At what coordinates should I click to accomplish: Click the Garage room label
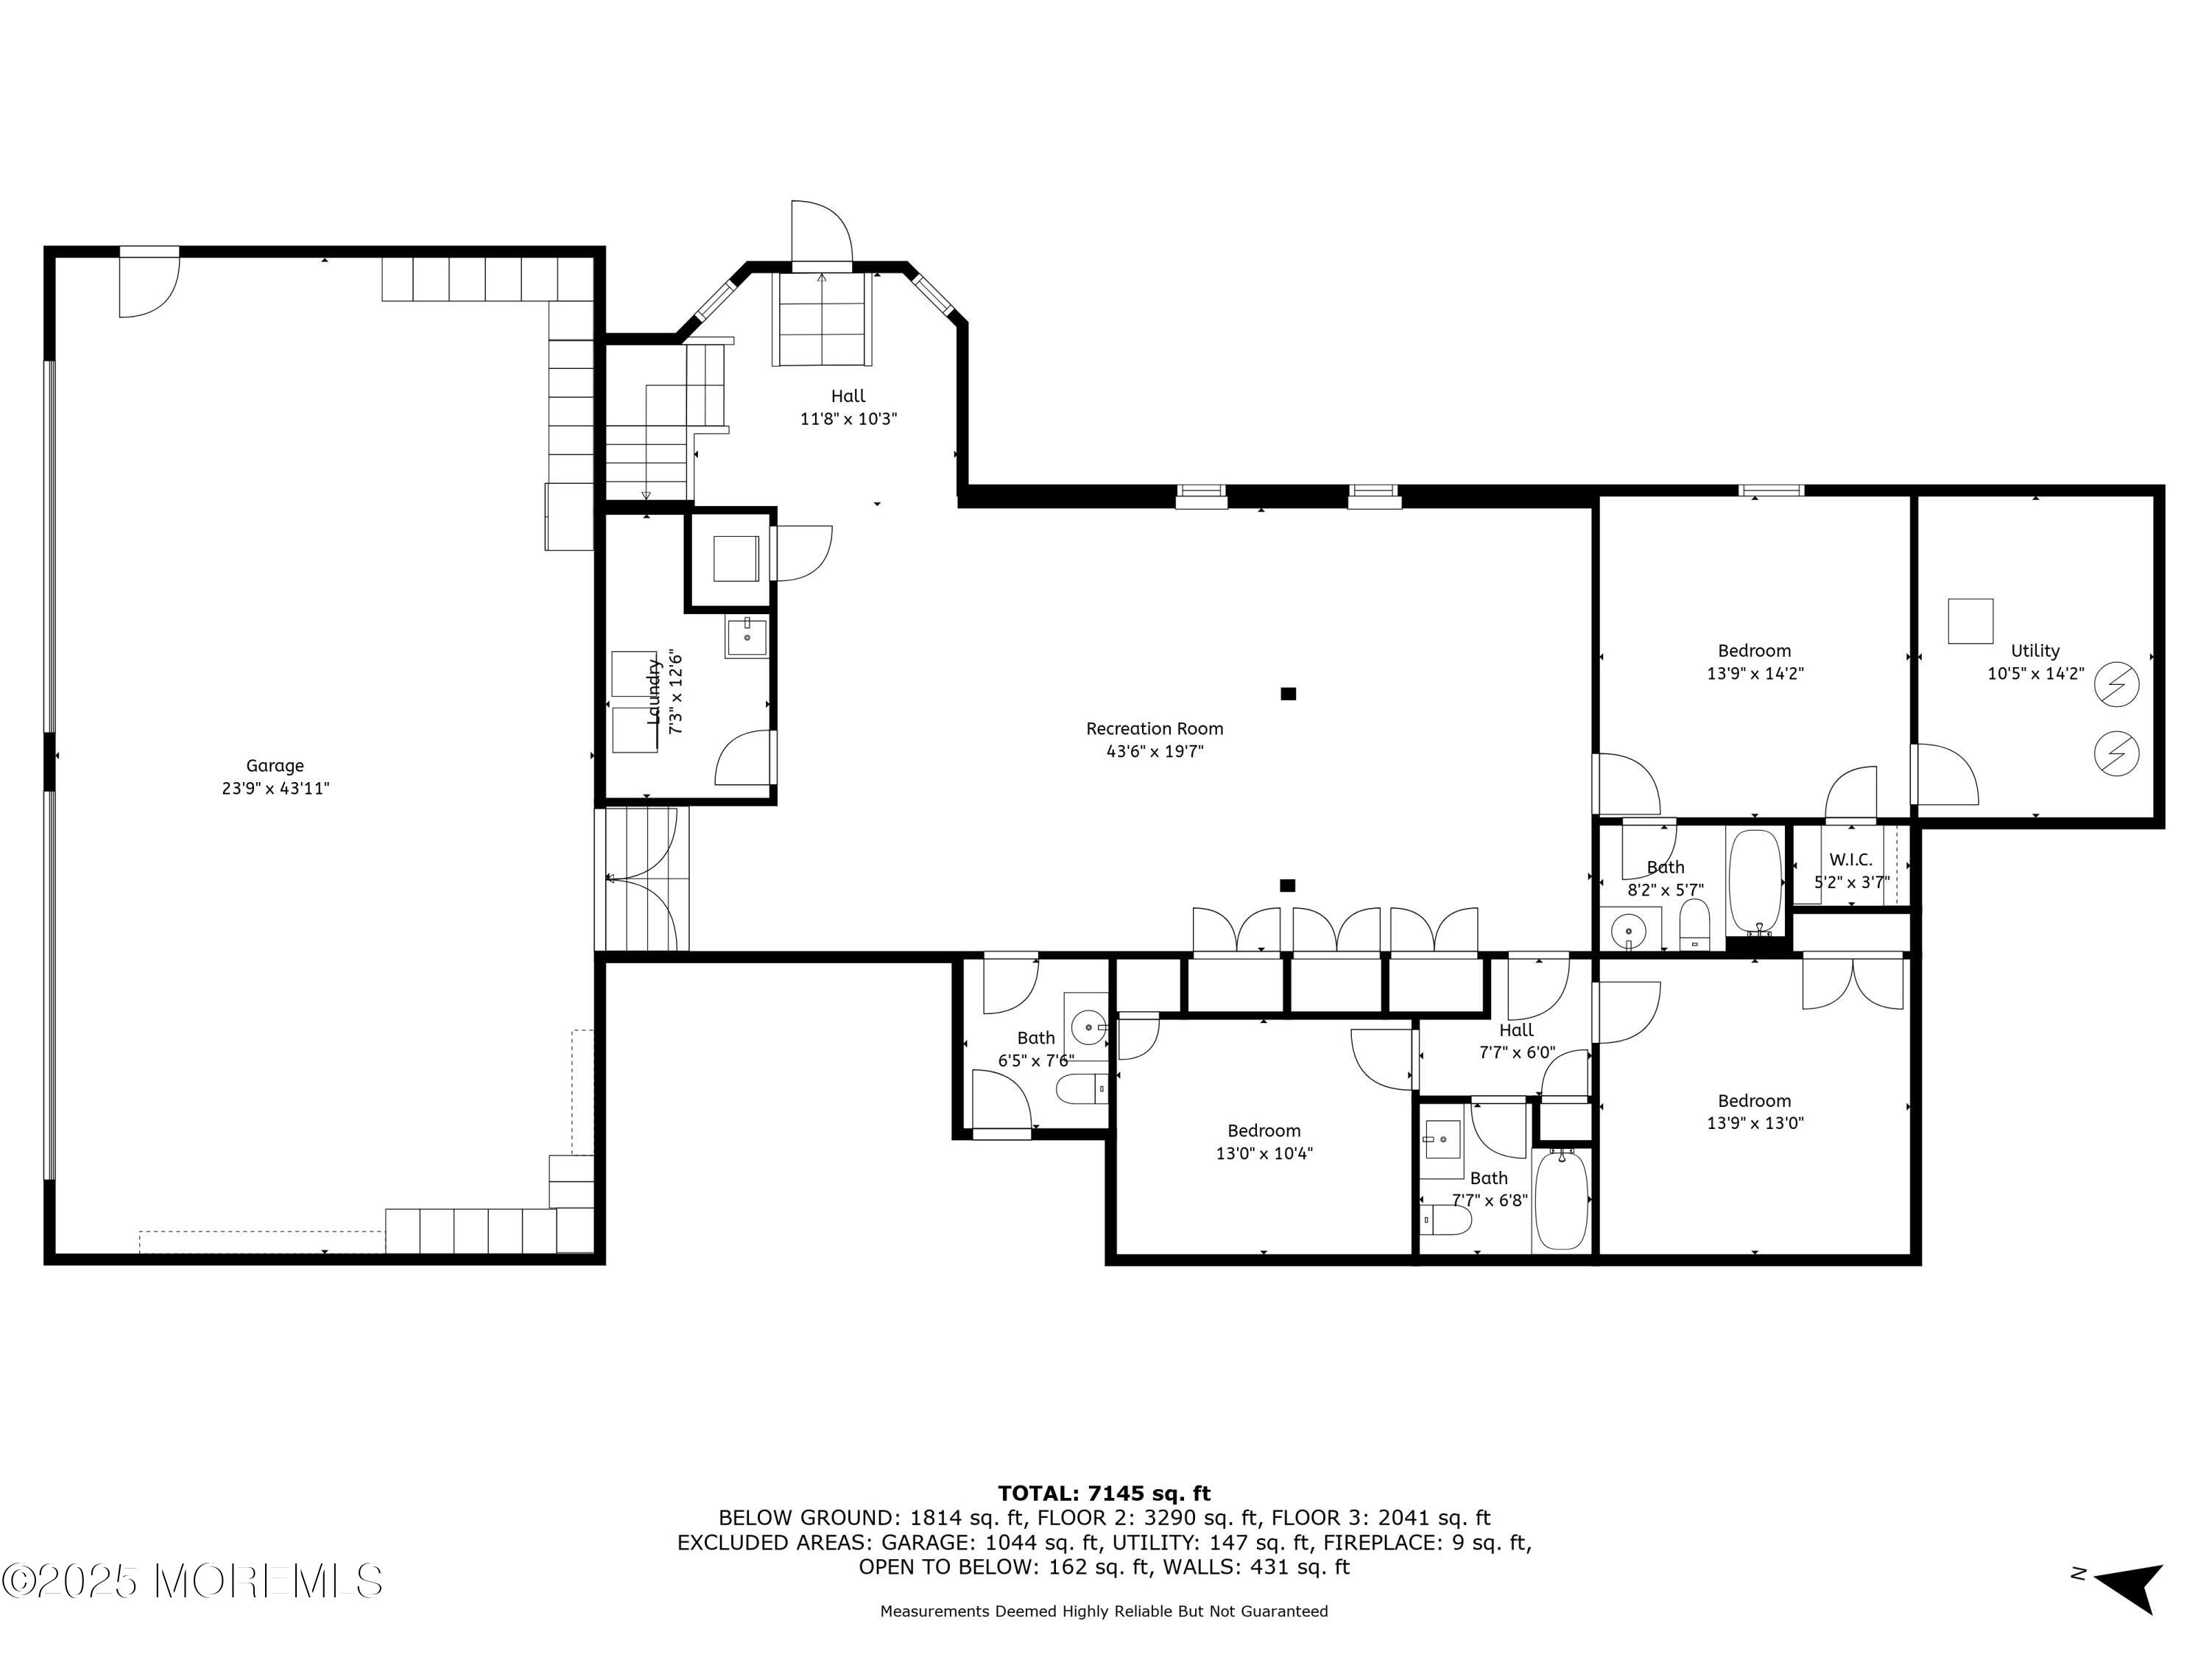tap(275, 766)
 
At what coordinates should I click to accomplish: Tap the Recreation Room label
tap(1155, 729)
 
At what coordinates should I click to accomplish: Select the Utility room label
tap(2035, 651)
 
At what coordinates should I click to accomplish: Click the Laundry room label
tap(654, 692)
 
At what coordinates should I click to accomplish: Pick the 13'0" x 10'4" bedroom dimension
tap(1264, 1153)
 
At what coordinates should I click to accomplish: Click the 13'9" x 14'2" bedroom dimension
tap(1755, 674)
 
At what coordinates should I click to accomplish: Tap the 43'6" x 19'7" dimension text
tap(1155, 752)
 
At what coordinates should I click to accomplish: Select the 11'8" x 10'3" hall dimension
tap(849, 420)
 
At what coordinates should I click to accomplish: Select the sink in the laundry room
tap(747, 637)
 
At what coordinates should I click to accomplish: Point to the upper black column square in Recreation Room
tap(1289, 693)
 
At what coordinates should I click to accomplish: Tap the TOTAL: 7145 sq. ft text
tap(1104, 1494)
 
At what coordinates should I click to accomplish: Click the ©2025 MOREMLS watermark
tap(191, 1581)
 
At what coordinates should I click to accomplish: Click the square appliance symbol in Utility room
tap(1970, 622)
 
